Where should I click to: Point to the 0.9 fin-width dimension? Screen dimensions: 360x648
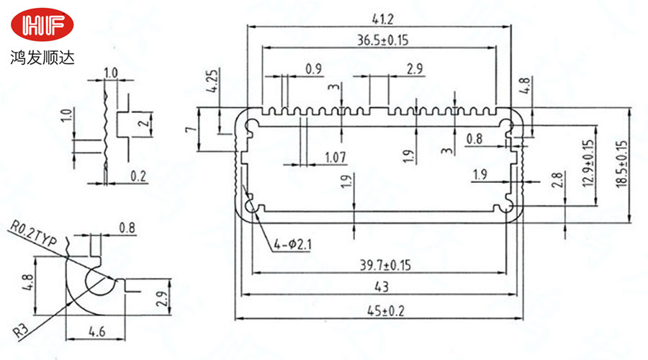pyautogui.click(x=314, y=69)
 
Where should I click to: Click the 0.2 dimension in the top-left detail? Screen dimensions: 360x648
pyautogui.click(x=138, y=175)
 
